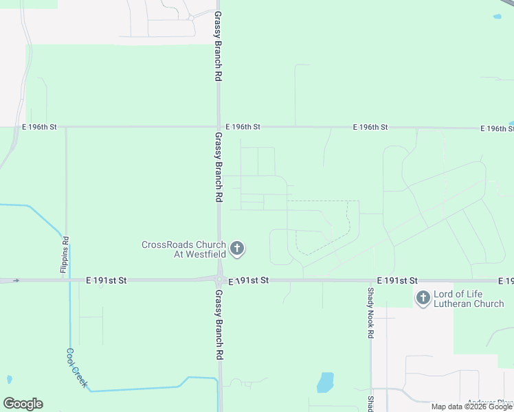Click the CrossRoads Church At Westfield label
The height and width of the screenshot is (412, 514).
[183, 249]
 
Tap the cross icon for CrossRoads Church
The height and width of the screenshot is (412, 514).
[237, 249]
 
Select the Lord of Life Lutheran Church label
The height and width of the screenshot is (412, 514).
[469, 299]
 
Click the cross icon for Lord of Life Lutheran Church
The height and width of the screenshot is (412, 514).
[422, 298]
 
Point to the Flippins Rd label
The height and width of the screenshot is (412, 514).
[65, 255]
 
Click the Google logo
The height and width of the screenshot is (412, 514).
[23, 404]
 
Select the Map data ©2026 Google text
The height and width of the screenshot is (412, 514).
[471, 407]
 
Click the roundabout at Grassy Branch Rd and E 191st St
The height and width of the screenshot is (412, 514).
[220, 280]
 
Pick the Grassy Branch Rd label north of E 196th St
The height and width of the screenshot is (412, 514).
[218, 47]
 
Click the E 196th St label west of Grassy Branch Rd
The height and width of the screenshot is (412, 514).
[39, 127]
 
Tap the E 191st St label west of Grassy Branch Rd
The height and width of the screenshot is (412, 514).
[107, 280]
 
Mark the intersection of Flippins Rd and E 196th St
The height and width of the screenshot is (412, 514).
[66, 127]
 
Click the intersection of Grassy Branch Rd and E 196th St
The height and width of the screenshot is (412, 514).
[219, 127]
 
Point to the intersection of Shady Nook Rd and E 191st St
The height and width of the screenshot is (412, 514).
[372, 280]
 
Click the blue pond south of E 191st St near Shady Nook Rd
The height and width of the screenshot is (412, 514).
[326, 382]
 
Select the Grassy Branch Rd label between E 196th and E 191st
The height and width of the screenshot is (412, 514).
[218, 167]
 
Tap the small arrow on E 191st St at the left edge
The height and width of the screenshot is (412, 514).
[16, 280]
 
